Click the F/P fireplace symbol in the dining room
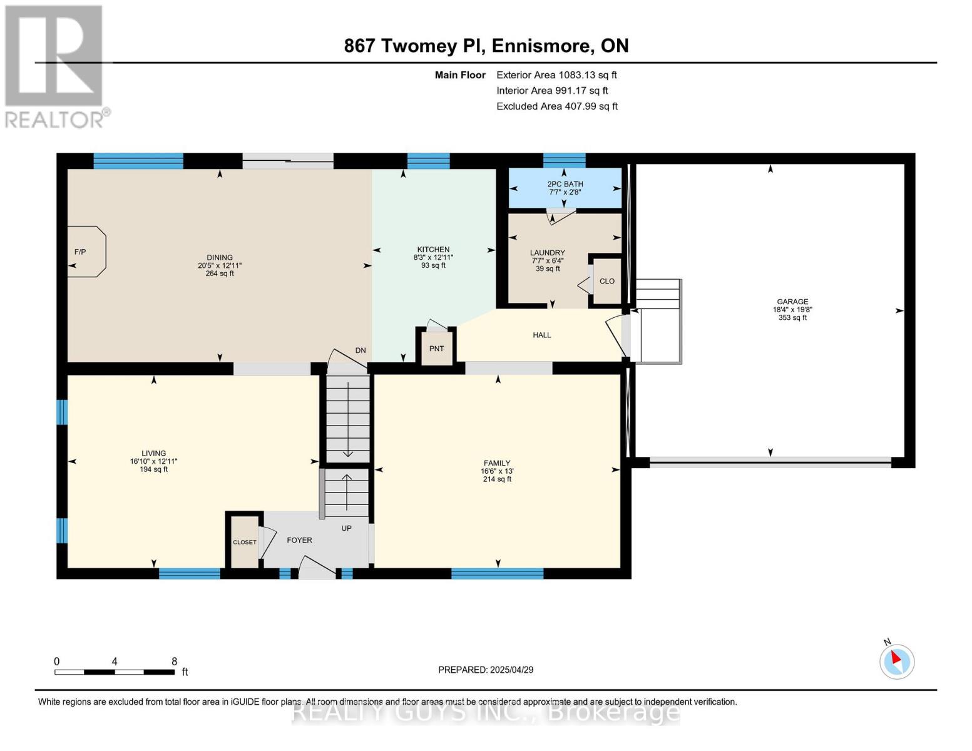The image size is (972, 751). (86, 252)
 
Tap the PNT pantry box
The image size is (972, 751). (436, 348)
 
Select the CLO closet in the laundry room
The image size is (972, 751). (606, 281)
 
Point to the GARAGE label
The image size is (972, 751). (792, 302)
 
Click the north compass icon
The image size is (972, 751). (896, 661)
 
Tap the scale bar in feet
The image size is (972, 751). (115, 672)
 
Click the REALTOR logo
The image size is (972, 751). (55, 66)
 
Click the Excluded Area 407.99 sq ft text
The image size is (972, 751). (556, 106)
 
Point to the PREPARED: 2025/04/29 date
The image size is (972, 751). (486, 670)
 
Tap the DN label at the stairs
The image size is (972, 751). (361, 350)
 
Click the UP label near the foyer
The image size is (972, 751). (346, 528)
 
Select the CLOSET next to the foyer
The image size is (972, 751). (244, 542)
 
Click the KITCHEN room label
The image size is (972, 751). (433, 249)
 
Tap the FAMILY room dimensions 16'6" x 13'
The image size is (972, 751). (497, 471)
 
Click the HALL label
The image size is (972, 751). (541, 335)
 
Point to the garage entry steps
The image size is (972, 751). (657, 321)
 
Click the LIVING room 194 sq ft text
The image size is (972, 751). (153, 469)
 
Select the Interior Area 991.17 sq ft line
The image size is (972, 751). (552, 91)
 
